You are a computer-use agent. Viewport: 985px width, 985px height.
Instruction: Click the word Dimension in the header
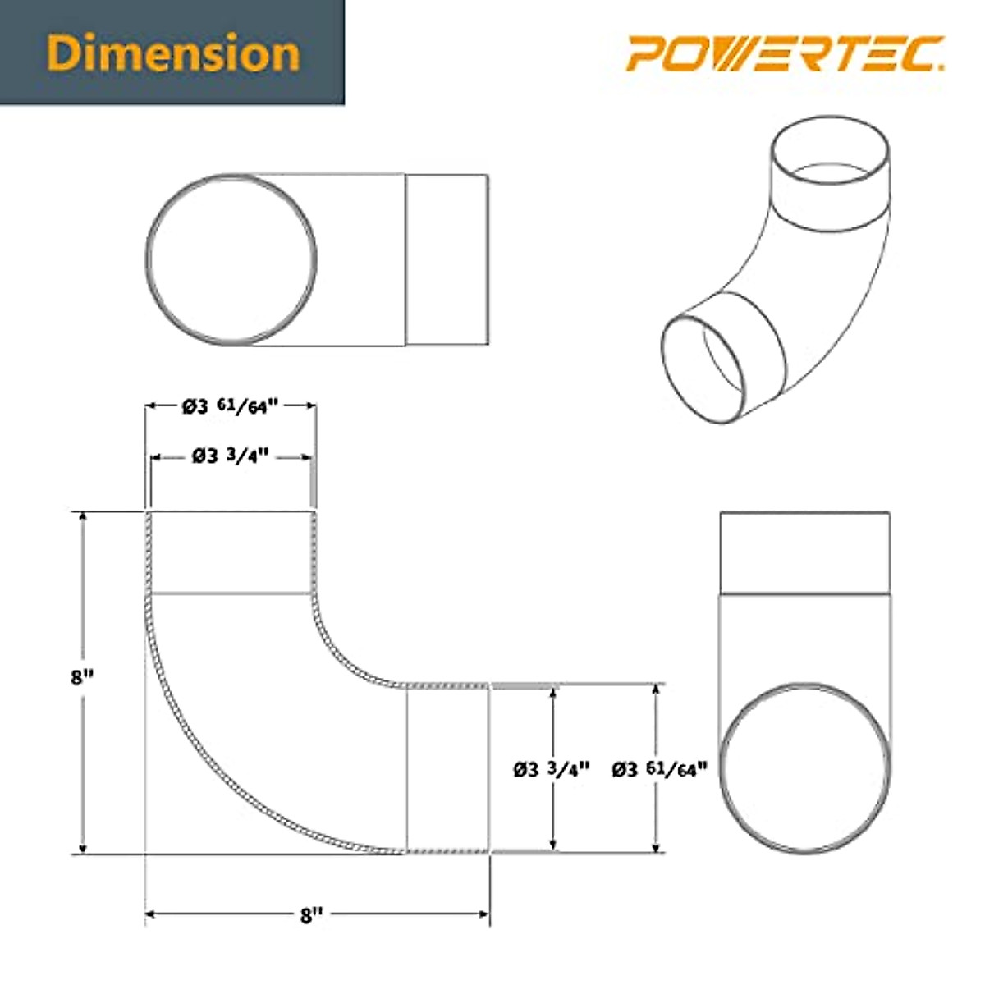[172, 53]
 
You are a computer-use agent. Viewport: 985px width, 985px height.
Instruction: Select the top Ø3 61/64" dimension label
[231, 405]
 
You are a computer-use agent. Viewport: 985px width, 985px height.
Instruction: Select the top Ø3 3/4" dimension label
[231, 456]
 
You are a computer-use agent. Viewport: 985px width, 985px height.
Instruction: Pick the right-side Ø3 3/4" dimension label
[552, 769]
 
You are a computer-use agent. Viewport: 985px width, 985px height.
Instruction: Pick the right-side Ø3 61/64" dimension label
[658, 769]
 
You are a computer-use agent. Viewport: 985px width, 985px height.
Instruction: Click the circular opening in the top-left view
[231, 259]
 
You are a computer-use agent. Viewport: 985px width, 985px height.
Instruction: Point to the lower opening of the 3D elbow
[706, 369]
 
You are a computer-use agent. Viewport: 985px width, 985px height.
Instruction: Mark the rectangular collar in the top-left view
[447, 259]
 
